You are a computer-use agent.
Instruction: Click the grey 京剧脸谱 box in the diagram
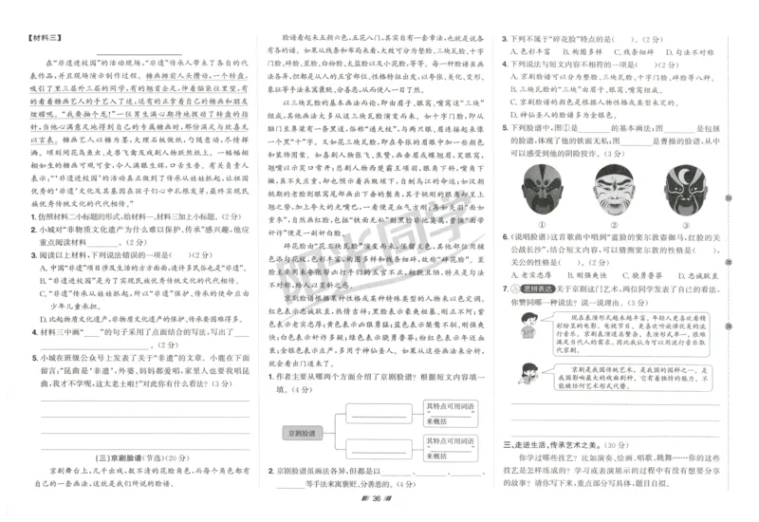pyautogui.click(x=303, y=432)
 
